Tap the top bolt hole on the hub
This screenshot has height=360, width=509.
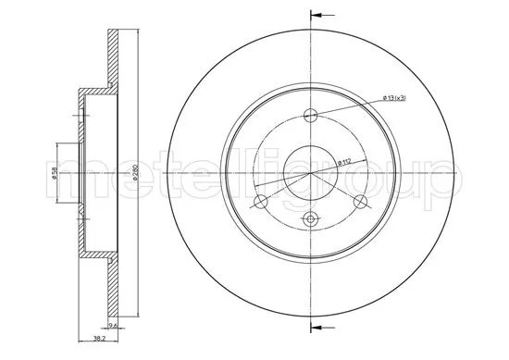310,116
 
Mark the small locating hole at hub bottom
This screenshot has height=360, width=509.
310,219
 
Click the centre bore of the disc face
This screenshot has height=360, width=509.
310,173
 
